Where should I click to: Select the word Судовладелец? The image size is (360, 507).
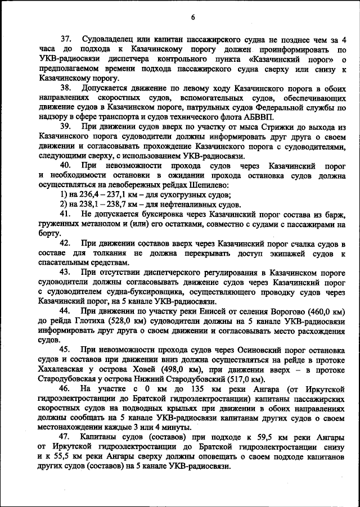pos(109,39)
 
